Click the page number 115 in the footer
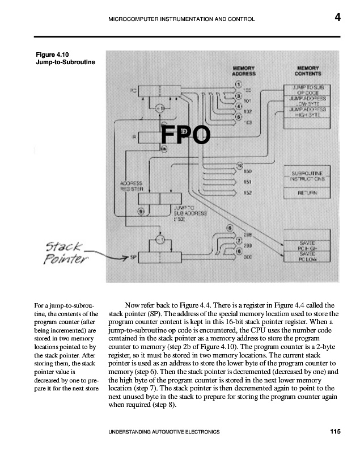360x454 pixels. click(335, 432)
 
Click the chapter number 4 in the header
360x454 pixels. click(337, 18)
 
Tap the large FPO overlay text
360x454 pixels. click(185, 136)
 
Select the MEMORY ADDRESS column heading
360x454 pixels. click(244, 70)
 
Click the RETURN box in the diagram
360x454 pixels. click(307, 192)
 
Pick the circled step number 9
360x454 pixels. click(141, 212)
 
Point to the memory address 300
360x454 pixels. click(248, 257)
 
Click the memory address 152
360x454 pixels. click(248, 193)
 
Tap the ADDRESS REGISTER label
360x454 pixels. click(130, 186)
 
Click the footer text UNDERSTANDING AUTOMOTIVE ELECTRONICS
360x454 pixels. click(163, 432)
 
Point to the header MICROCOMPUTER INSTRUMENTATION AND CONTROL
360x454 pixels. click(181, 19)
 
